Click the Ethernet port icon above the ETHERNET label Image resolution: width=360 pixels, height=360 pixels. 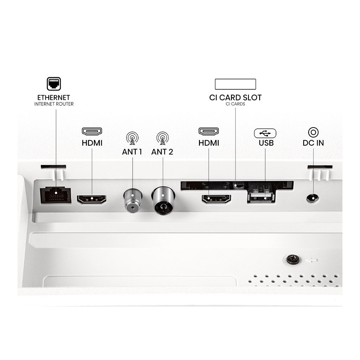(54, 84)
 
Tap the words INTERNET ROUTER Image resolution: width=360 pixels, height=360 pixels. (54, 104)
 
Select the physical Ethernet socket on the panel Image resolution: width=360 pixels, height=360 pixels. (56, 195)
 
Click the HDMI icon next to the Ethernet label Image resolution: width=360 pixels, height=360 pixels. (92, 131)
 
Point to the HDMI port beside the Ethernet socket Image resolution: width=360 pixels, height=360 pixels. (92, 199)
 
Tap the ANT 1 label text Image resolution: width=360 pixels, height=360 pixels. (132, 152)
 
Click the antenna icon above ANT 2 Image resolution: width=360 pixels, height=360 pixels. (162, 138)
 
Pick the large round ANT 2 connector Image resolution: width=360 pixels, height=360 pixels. (163, 200)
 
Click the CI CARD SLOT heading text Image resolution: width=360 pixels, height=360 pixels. (235, 98)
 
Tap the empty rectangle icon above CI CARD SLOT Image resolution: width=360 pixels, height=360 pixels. (235, 84)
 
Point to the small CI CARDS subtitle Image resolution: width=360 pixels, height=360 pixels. (235, 104)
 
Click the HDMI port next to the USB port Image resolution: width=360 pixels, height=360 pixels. (216, 199)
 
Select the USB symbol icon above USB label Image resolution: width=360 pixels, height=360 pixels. (265, 133)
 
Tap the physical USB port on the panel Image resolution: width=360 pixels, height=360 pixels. (261, 197)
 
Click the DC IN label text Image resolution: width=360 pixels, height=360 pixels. (313, 143)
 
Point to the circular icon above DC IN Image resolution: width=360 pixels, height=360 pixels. (313, 133)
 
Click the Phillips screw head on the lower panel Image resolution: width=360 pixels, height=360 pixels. (293, 259)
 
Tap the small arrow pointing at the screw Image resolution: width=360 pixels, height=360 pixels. (311, 260)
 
